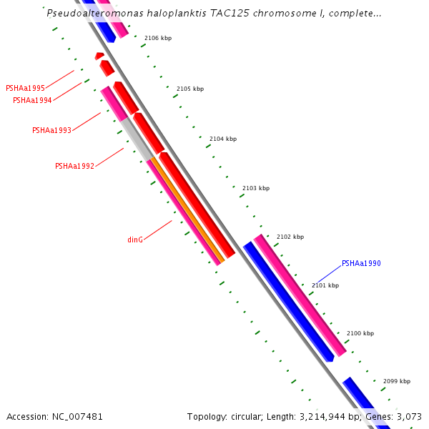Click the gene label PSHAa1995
pos(25,89)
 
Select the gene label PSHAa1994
pos(32,100)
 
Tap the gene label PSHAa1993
pos(51,130)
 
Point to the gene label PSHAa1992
pos(74,166)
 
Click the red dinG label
pos(135,240)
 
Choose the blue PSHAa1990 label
pos(361,263)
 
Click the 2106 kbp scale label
pos(158,38)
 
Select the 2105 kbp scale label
pos(190,89)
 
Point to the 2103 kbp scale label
pos(256,188)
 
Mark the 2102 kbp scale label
pos(290,237)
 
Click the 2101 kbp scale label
pos(325,285)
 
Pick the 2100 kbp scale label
pos(360,333)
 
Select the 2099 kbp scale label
pos(397,381)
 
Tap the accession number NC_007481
pos(77,416)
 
